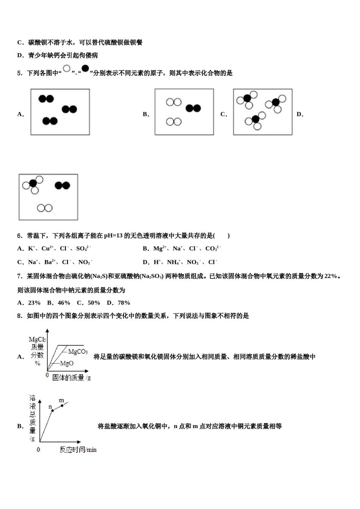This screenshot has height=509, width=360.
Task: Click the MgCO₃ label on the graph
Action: coord(78,352)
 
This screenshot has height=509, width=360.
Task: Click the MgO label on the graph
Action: coord(67,363)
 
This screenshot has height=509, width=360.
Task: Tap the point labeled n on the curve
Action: coord(53,410)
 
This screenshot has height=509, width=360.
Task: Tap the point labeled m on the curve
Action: coord(62,406)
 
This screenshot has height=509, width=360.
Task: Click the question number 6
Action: coord(20,236)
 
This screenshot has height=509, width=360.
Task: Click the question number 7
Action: coord(20,276)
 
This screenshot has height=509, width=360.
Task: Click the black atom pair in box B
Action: coord(193,108)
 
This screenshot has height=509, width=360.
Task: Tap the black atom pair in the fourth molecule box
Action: coord(63,185)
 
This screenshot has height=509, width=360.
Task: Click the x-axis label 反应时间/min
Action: coord(78,450)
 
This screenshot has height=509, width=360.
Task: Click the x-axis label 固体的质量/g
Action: coord(71,377)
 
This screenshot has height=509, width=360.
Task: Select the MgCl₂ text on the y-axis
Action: coord(37,339)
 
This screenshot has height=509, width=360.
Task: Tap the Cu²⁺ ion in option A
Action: coord(47,248)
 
